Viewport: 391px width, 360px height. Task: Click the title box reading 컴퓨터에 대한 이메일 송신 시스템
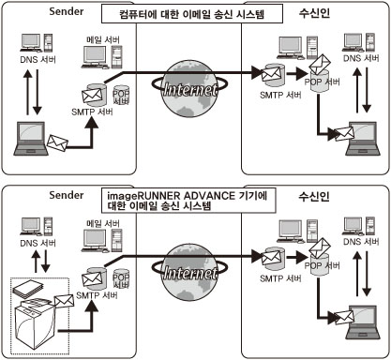pos(192,13)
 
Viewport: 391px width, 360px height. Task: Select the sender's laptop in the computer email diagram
pos(31,139)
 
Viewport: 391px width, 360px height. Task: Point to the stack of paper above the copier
pos(28,290)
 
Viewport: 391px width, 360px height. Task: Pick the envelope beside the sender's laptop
pos(57,142)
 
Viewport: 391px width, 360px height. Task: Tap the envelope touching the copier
pos(64,301)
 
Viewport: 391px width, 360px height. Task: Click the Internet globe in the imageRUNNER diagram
pos(189,272)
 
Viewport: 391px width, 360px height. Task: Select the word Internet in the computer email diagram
pos(190,90)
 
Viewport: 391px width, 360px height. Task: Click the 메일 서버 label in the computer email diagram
pos(103,40)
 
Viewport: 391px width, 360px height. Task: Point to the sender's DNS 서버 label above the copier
pos(38,243)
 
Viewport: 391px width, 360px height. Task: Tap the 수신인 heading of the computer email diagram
pos(314,13)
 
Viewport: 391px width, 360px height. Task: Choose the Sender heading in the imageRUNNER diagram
pos(67,195)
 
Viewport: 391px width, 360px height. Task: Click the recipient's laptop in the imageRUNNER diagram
pos(363,322)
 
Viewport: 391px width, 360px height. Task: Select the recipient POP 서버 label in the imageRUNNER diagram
pos(322,265)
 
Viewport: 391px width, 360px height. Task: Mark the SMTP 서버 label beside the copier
pos(97,295)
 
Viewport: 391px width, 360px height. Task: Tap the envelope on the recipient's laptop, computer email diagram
pos(344,133)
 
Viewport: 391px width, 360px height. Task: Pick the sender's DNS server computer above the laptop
pos(37,43)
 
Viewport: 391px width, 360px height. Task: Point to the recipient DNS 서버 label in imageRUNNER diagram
pos(361,242)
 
